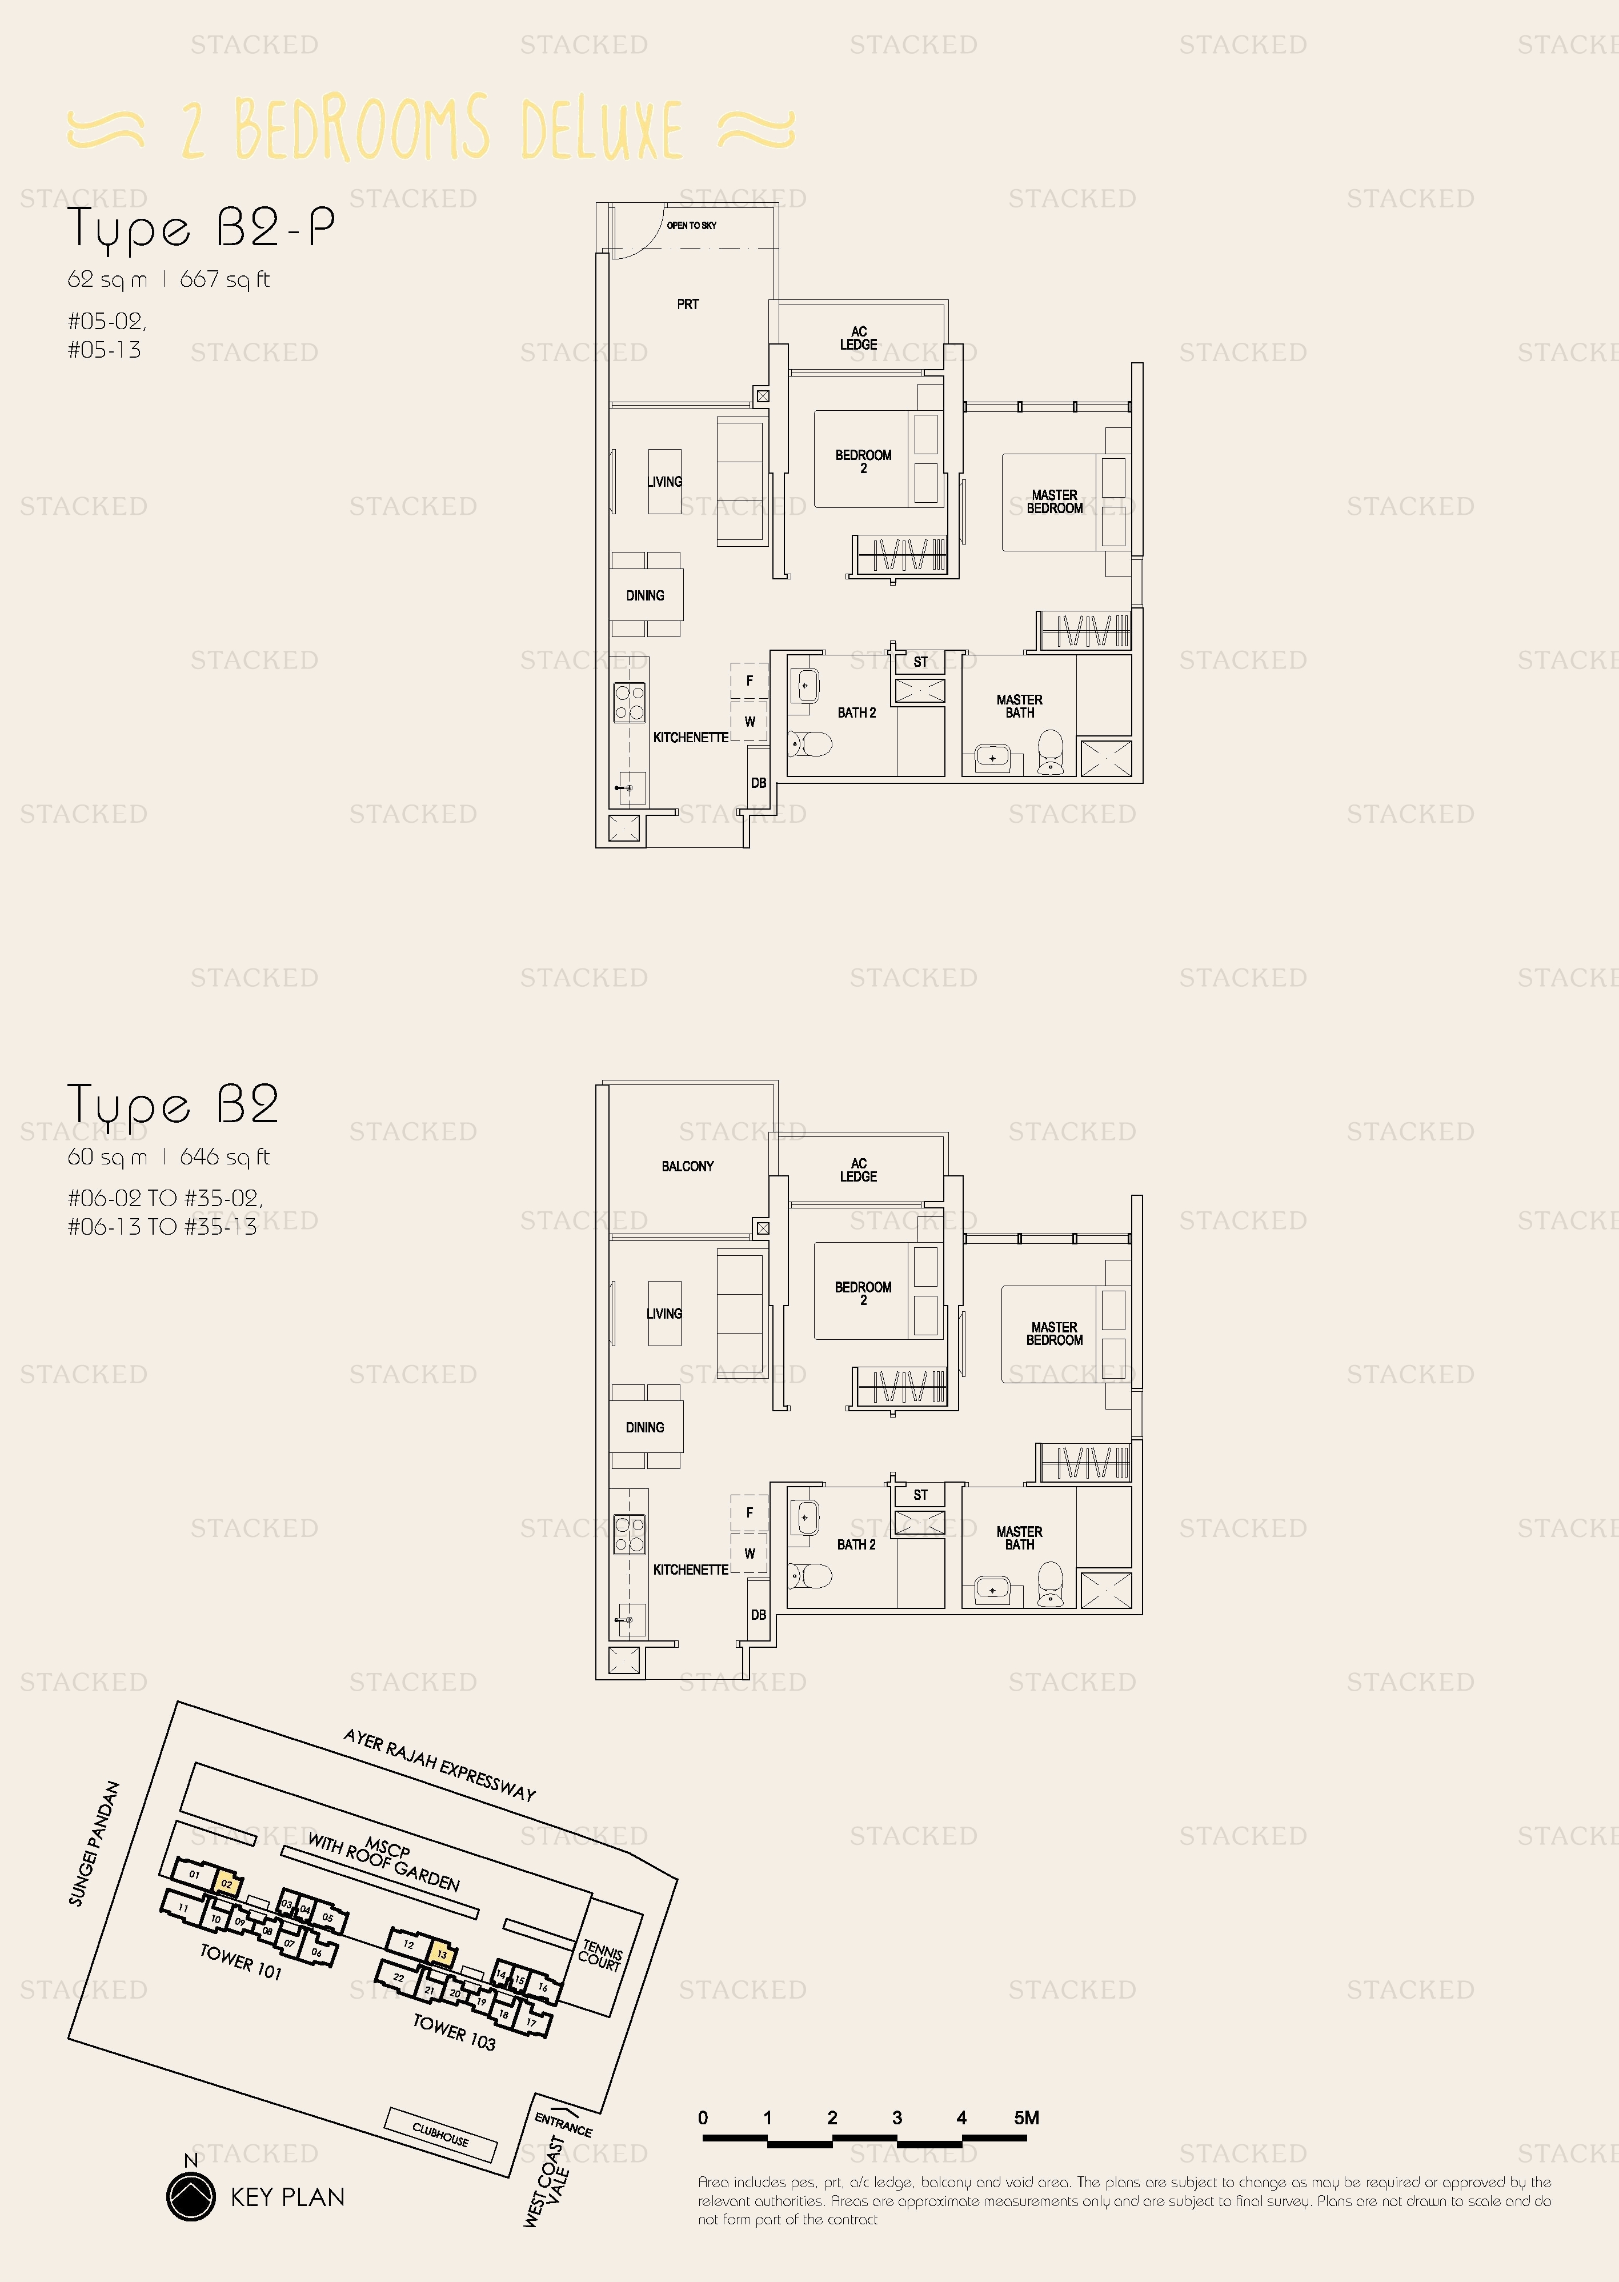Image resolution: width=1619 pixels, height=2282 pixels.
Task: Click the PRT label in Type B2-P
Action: pyautogui.click(x=688, y=304)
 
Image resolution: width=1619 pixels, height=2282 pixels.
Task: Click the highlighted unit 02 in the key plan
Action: pyautogui.click(x=227, y=1884)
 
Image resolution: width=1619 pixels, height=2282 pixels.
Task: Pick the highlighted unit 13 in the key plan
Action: pyautogui.click(x=442, y=1954)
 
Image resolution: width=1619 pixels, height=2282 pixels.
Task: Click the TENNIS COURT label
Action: pyautogui.click(x=600, y=1955)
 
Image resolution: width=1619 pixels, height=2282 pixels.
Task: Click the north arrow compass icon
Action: pyautogui.click(x=190, y=2196)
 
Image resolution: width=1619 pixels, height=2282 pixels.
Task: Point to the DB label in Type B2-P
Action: pyautogui.click(x=759, y=783)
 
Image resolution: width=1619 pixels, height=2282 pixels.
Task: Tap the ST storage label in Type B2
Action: pyautogui.click(x=920, y=1495)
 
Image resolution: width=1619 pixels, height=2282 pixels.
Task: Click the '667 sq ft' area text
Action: pyautogui.click(x=225, y=280)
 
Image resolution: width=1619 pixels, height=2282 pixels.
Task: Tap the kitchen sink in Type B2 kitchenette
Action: pyautogui.click(x=629, y=1619)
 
